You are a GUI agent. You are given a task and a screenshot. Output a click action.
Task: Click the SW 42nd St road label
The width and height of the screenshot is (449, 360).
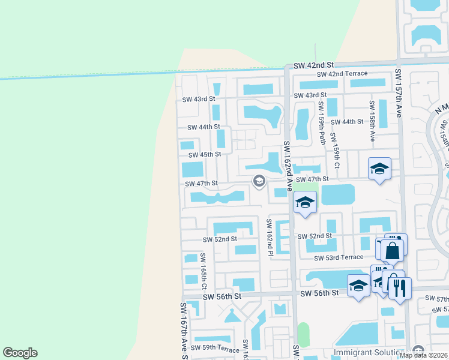313,65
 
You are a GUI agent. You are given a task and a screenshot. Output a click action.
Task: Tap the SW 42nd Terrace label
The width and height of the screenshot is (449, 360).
342,74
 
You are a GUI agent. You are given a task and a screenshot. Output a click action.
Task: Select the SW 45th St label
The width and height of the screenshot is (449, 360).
202,154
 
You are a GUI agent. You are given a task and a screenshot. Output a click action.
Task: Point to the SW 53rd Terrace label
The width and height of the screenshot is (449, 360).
339,257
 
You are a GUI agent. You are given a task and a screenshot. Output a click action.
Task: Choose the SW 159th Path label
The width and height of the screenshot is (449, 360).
322,123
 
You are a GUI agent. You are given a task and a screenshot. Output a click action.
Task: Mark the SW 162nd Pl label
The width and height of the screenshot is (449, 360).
270,237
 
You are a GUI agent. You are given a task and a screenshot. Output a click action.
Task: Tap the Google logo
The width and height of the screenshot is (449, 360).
20,353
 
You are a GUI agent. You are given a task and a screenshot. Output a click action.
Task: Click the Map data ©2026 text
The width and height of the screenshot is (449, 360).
423,355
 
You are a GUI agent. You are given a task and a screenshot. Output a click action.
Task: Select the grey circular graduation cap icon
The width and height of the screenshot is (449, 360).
259,181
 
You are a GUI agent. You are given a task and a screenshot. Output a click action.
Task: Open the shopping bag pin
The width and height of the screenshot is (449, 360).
392,250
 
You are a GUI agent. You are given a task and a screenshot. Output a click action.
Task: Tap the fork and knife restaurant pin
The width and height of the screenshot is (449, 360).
399,287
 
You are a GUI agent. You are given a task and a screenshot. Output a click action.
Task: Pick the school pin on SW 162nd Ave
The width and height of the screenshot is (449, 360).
305,203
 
